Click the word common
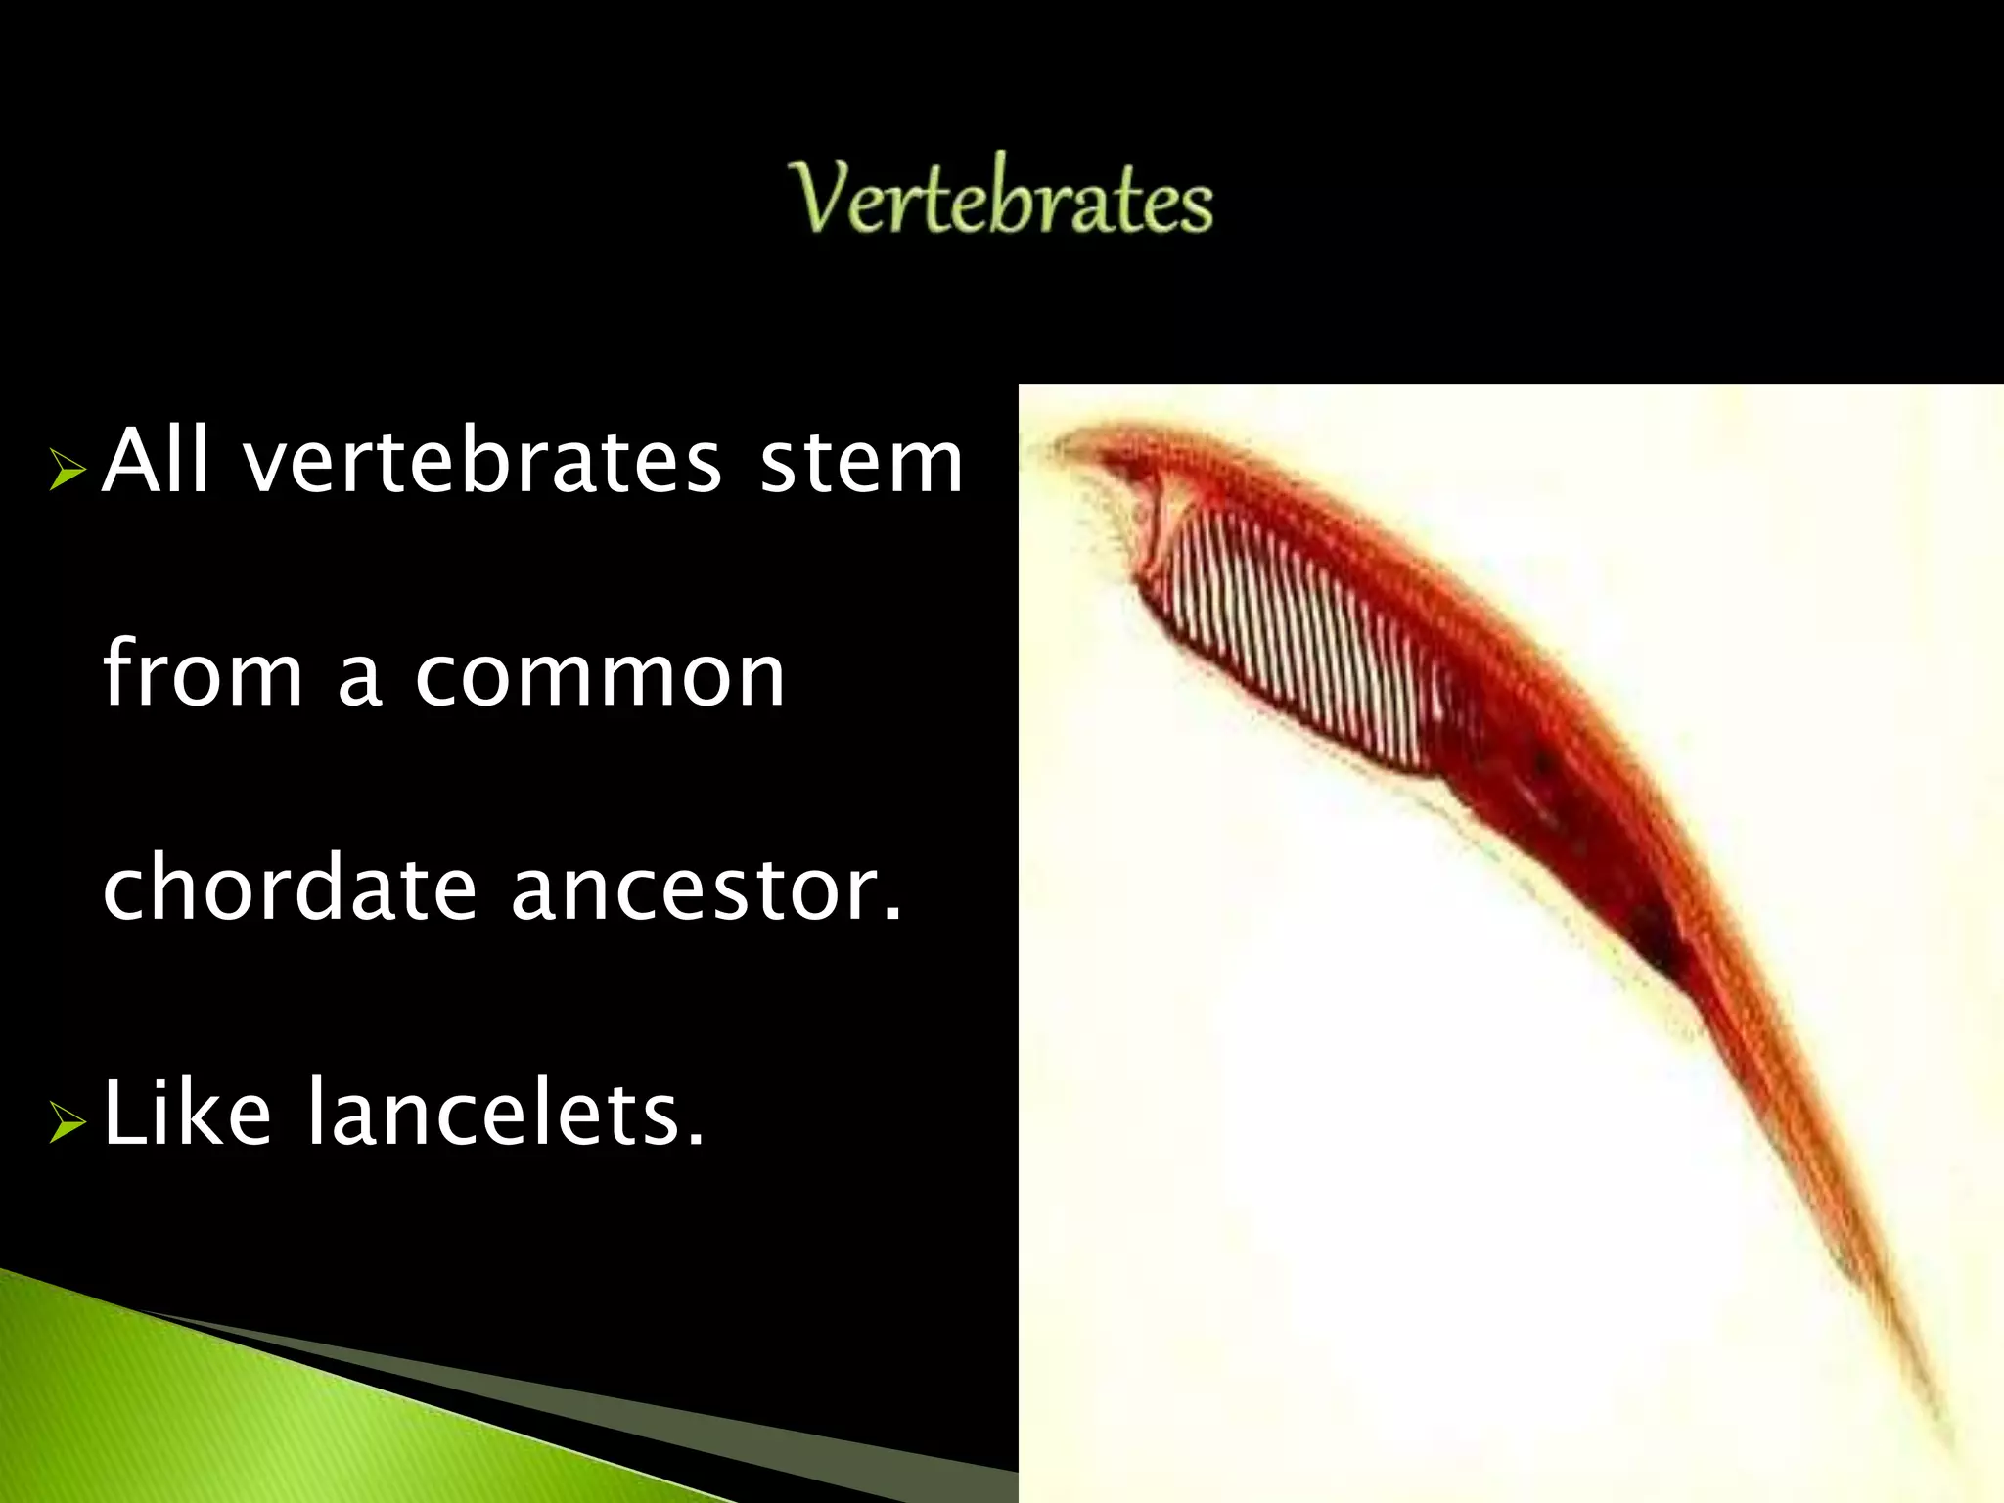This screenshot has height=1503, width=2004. pyautogui.click(x=600, y=677)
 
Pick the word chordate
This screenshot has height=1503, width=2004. pyautogui.click(x=290, y=888)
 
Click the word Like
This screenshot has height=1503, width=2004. pyautogui.click(x=187, y=1113)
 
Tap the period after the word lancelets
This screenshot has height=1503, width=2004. pyautogui.click(x=696, y=1138)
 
